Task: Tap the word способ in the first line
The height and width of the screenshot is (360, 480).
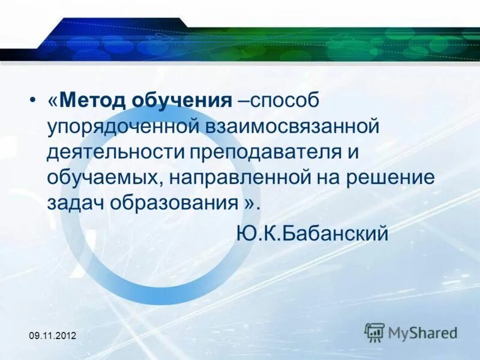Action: pyautogui.click(x=284, y=100)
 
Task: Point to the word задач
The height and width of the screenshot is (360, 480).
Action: pyautogui.click(x=75, y=202)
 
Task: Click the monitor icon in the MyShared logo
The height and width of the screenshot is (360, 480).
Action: pyautogui.click(x=375, y=332)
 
